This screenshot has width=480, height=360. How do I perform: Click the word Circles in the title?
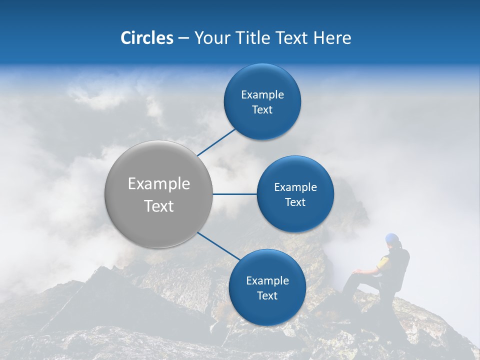pyautogui.click(x=146, y=38)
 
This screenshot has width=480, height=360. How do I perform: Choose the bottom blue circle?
pyautogui.click(x=267, y=310)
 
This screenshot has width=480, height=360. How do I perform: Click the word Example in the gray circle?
pyautogui.click(x=159, y=184)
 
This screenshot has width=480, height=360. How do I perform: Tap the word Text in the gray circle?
pyautogui.click(x=159, y=206)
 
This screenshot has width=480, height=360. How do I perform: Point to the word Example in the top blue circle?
pyautogui.click(x=262, y=95)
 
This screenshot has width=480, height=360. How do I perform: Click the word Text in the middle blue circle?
pyautogui.click(x=295, y=202)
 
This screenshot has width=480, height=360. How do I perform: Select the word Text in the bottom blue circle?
pyautogui.click(x=267, y=295)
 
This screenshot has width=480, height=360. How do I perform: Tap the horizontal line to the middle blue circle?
pyautogui.click(x=234, y=194)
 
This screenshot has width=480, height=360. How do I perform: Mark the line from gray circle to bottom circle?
pyautogui.click(x=219, y=246)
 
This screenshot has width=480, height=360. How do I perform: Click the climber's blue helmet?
pyautogui.click(x=392, y=238)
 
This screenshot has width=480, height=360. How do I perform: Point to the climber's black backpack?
pyautogui.click(x=401, y=270)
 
